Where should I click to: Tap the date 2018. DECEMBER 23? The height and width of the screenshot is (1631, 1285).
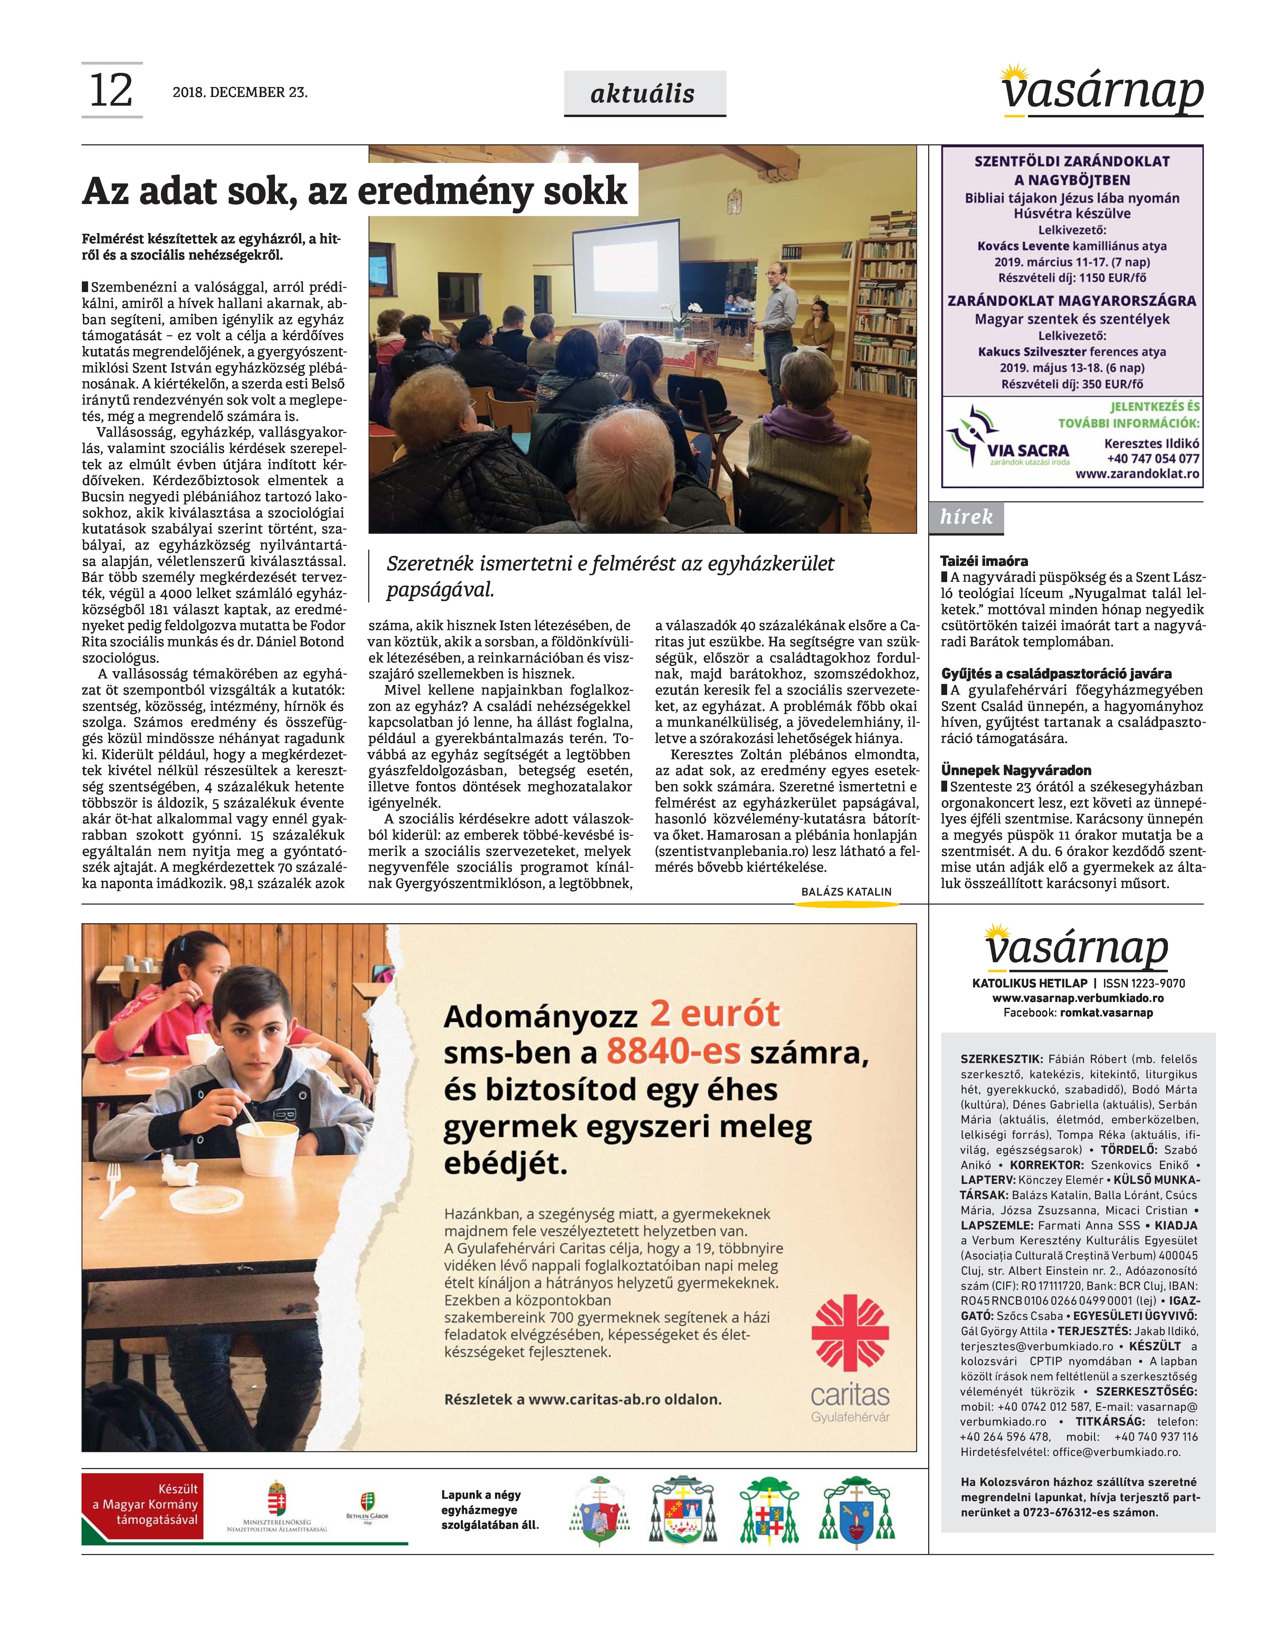click(240, 93)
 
